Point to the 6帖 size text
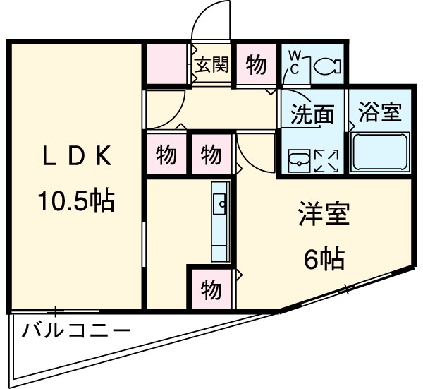coord(324,261)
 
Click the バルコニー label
coord(76,330)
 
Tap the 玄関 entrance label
coord(211,66)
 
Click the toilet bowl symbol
coord(325,66)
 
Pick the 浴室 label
coord(379,113)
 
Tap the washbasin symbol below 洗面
coord(300,160)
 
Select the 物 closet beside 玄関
coord(257,66)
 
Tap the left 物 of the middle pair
coord(166,154)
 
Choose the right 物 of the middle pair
coord(210,154)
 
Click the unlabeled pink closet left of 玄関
coord(168,66)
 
